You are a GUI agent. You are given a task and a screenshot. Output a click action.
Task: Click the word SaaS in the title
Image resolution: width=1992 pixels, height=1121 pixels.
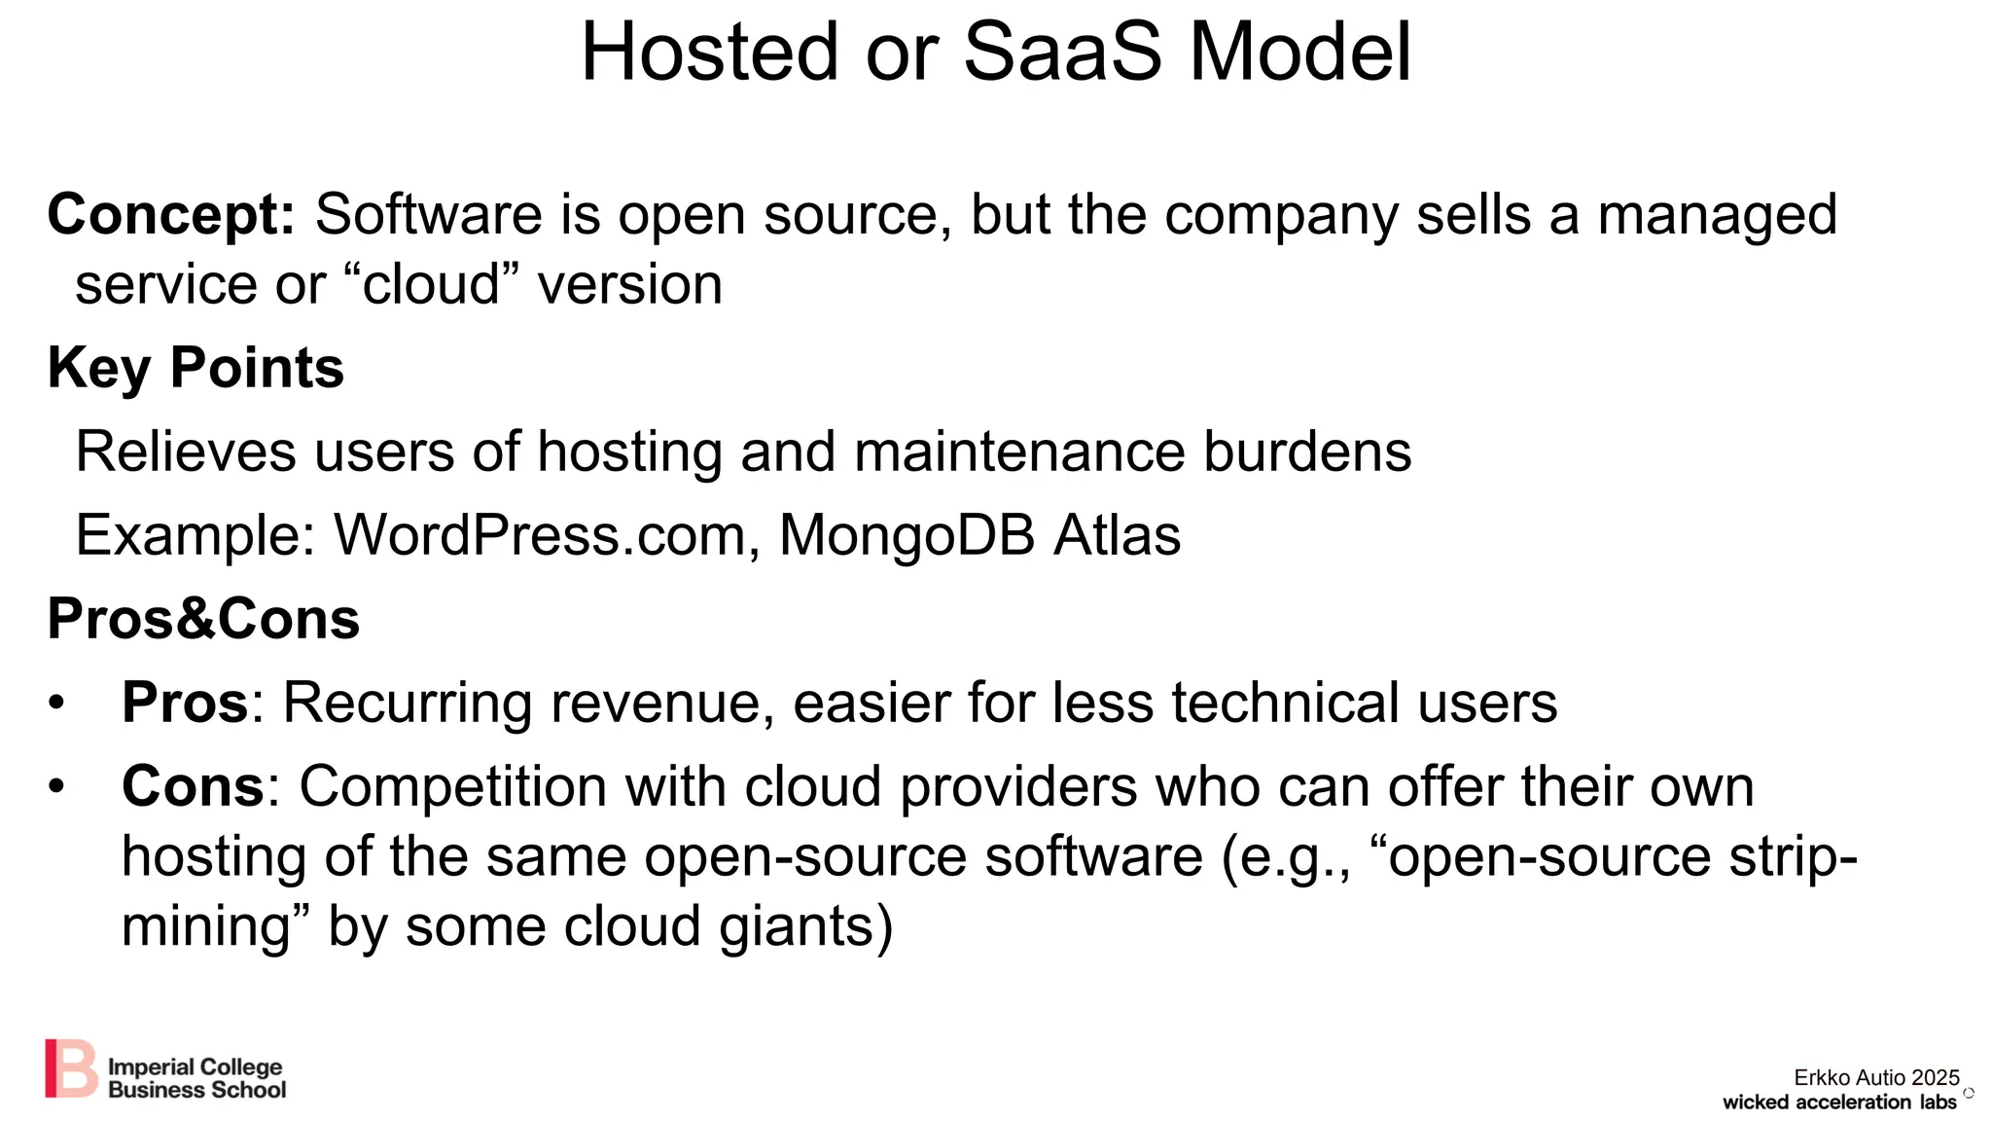click(x=1062, y=53)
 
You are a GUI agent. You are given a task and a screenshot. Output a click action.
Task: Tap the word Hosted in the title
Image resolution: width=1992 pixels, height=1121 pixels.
click(x=710, y=53)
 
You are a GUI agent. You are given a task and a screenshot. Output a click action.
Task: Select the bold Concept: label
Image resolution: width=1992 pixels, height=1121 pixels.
click(x=171, y=215)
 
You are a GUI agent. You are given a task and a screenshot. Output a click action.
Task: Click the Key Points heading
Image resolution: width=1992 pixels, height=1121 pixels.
click(x=196, y=368)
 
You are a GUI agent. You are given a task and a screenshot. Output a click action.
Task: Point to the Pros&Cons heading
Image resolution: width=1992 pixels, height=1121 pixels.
click(x=203, y=619)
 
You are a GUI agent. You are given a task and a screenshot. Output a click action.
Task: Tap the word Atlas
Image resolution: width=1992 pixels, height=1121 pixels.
click(x=1118, y=535)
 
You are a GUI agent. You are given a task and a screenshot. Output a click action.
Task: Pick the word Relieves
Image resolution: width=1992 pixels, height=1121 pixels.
click(x=186, y=452)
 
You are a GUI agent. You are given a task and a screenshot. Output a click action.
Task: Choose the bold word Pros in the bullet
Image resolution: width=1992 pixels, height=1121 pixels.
click(x=186, y=703)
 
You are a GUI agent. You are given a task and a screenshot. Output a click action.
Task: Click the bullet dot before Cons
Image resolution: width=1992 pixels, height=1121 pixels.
click(x=56, y=786)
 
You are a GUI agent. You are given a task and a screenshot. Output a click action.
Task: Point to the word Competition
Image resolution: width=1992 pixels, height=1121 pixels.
click(x=452, y=786)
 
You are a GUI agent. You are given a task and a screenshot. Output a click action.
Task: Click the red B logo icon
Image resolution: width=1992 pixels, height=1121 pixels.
click(x=71, y=1067)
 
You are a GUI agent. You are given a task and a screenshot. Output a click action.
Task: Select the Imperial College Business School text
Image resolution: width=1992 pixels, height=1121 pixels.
click(x=196, y=1078)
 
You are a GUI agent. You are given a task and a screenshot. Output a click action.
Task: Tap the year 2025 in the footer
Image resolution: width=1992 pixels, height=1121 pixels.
click(x=1935, y=1077)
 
